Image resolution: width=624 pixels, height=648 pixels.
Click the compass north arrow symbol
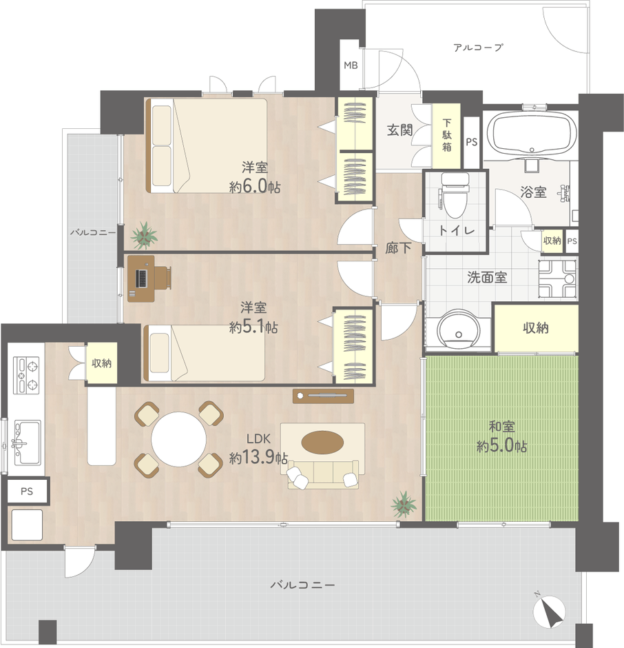pyautogui.click(x=549, y=611)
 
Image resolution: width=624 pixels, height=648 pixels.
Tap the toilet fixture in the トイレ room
pyautogui.click(x=455, y=196)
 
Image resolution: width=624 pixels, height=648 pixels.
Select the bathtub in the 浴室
pyautogui.click(x=532, y=132)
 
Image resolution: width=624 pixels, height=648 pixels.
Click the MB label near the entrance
pyautogui.click(x=351, y=65)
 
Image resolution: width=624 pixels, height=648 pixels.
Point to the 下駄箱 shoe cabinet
pyautogui.click(x=446, y=134)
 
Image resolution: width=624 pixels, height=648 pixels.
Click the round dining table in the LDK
pyautogui.click(x=179, y=439)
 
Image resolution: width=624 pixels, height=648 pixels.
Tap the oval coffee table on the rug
pyautogui.click(x=322, y=442)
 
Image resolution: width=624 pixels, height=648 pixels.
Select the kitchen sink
pyautogui.click(x=28, y=442)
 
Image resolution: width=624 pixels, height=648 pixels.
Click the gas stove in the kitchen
pyautogui.click(x=26, y=375)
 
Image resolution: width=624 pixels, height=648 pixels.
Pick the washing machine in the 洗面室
pyautogui.click(x=557, y=279)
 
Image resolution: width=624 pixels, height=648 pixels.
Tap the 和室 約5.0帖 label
pyautogui.click(x=501, y=436)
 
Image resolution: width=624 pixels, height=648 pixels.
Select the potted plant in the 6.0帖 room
pyautogui.click(x=144, y=236)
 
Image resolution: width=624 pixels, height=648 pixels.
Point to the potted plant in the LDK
pyautogui.click(x=404, y=504)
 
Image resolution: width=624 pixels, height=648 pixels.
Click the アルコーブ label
pyautogui.click(x=478, y=48)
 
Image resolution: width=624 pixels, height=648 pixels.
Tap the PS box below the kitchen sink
pyautogui.click(x=27, y=492)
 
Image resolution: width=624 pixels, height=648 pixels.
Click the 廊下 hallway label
pyautogui.click(x=398, y=248)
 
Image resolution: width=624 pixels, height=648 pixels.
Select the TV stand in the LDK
pyautogui.click(x=323, y=396)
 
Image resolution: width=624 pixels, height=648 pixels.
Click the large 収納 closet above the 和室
pyautogui.click(x=536, y=328)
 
